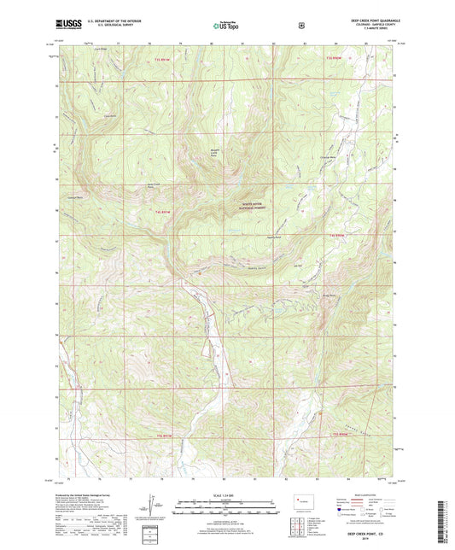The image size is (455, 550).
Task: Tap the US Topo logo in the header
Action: pyautogui.click(x=226, y=26)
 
